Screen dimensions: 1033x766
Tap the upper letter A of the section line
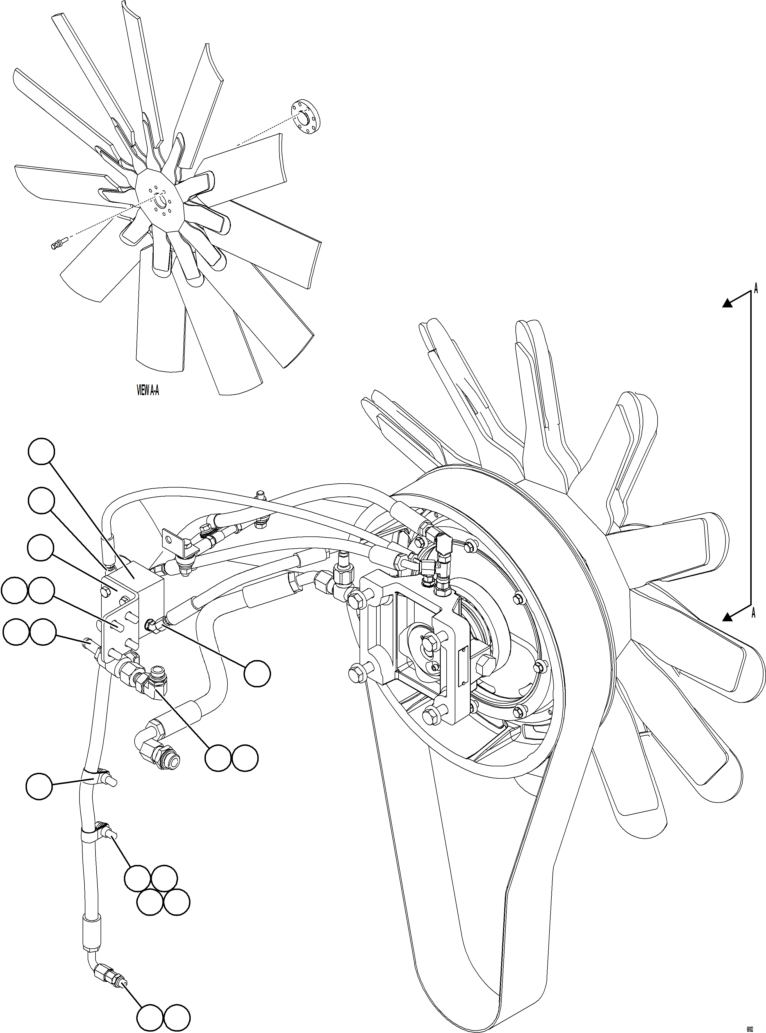click(756, 289)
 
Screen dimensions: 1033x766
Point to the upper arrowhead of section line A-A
click(728, 303)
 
